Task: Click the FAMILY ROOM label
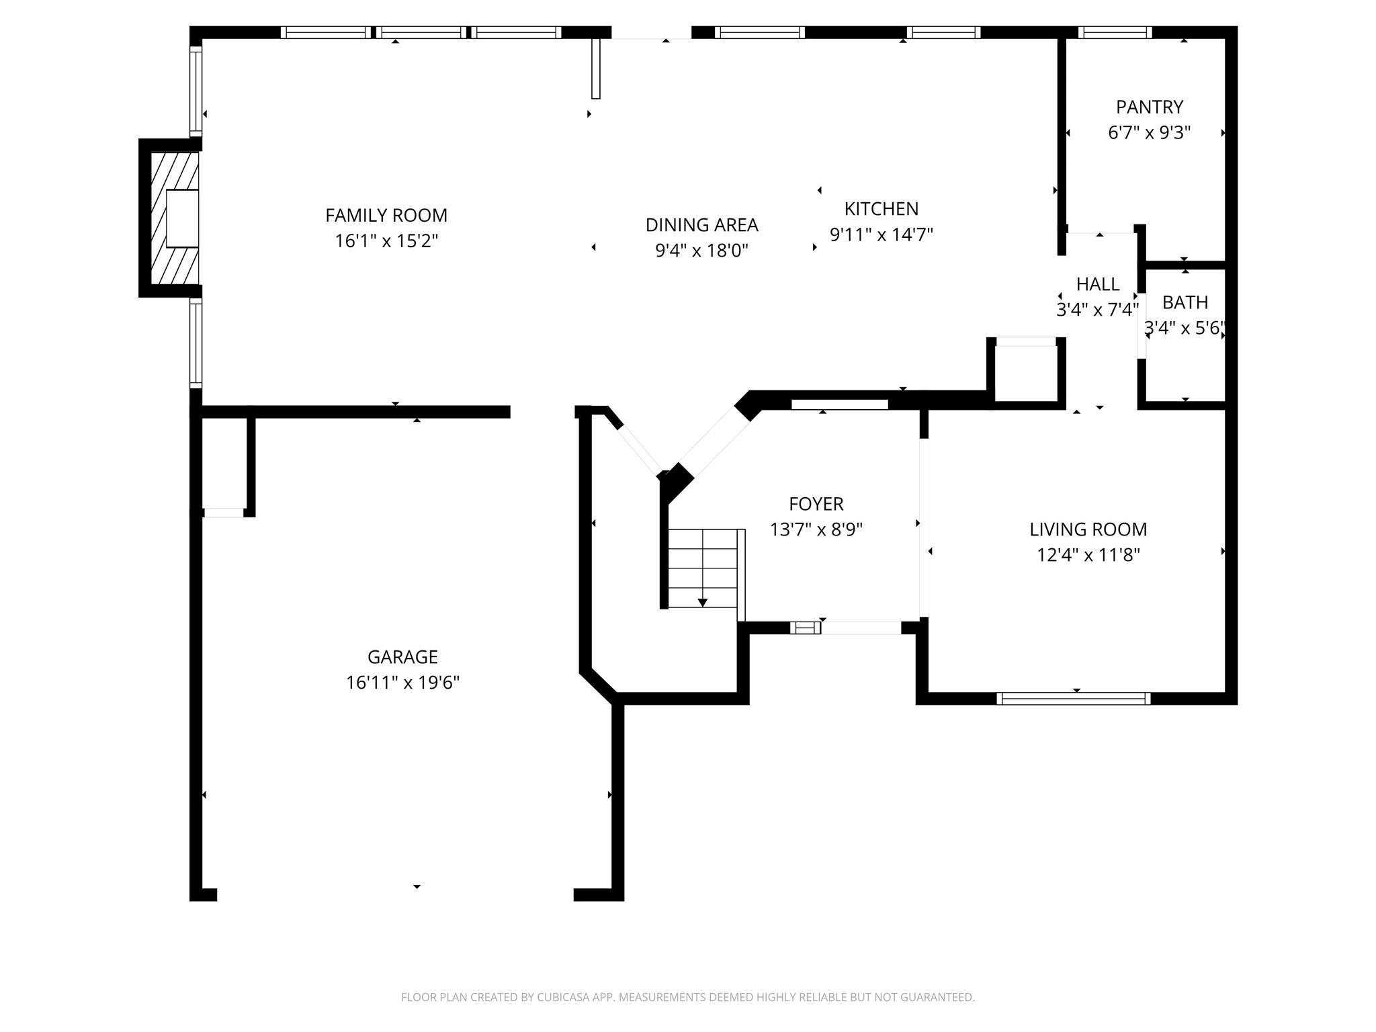pyautogui.click(x=386, y=216)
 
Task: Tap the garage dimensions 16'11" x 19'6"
pyautogui.click(x=402, y=683)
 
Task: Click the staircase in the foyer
pyautogui.click(x=703, y=568)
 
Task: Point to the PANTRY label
pyautogui.click(x=1149, y=107)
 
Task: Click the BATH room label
pyautogui.click(x=1185, y=302)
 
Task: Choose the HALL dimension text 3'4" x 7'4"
pyautogui.click(x=1097, y=310)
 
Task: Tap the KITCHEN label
pyautogui.click(x=881, y=209)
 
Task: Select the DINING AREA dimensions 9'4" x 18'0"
pyautogui.click(x=701, y=251)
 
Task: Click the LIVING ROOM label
pyautogui.click(x=1088, y=529)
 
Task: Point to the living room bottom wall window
pyautogui.click(x=1073, y=699)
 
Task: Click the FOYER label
pyautogui.click(x=816, y=504)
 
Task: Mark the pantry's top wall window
pyautogui.click(x=1115, y=32)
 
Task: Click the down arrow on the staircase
pyautogui.click(x=703, y=602)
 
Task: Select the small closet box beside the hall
pyautogui.click(x=1025, y=373)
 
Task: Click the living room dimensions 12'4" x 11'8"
pyautogui.click(x=1088, y=555)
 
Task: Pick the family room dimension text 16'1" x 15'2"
pyautogui.click(x=386, y=241)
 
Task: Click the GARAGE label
pyautogui.click(x=402, y=657)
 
